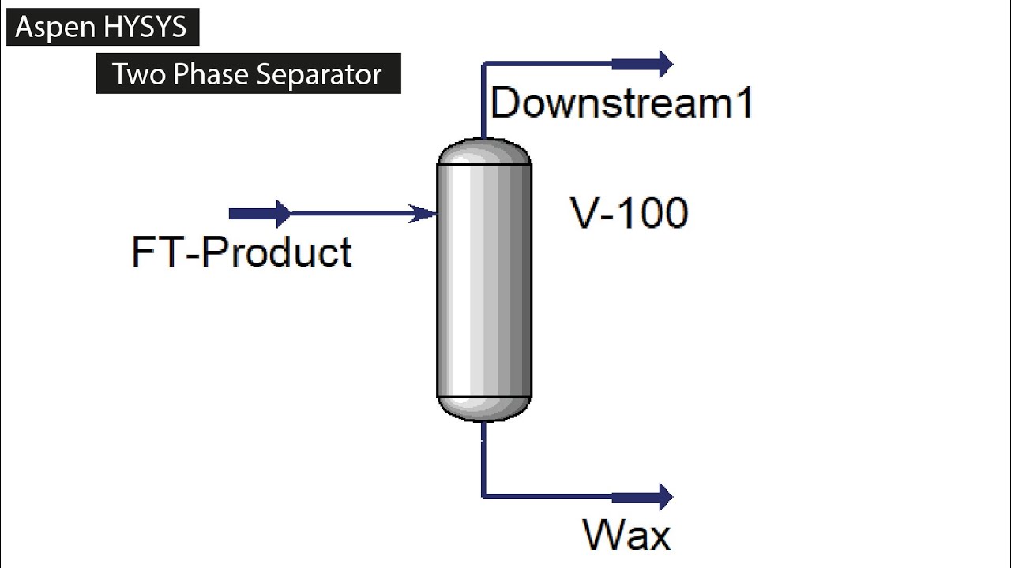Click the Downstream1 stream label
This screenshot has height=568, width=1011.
(622, 103)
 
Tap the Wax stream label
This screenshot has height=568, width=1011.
(627, 534)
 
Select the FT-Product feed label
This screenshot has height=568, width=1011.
(242, 252)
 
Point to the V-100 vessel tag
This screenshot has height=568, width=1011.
(630, 213)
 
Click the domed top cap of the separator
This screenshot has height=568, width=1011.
(484, 151)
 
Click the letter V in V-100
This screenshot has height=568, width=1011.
(585, 213)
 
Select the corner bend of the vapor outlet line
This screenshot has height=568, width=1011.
(483, 63)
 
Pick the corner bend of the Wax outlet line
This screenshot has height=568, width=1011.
(483, 496)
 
